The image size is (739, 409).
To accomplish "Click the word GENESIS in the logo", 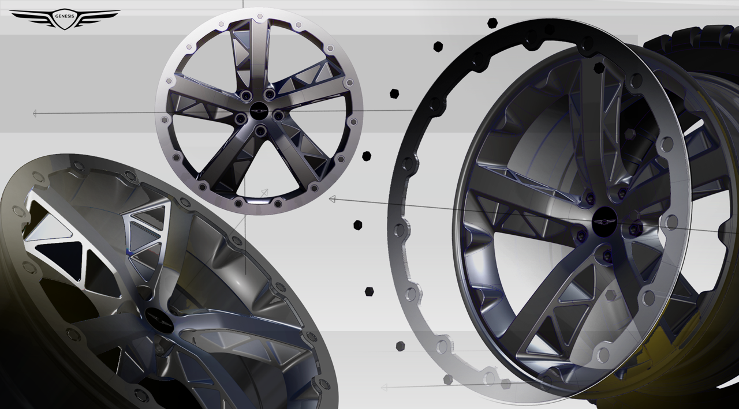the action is click(x=64, y=16).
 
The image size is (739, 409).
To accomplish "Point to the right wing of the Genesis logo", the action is click(x=98, y=17).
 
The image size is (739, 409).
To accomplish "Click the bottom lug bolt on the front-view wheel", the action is click(x=261, y=131).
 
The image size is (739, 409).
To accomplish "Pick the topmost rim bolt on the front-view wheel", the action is click(x=260, y=16).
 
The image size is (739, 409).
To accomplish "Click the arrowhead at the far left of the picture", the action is click(x=35, y=114).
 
